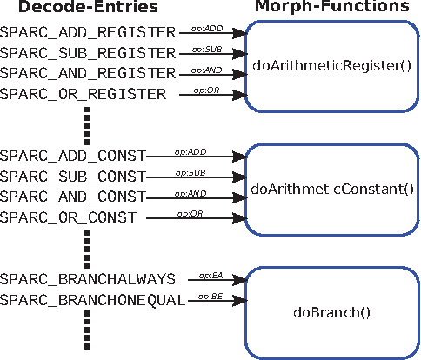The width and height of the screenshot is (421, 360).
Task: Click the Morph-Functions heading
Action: [x=331, y=9]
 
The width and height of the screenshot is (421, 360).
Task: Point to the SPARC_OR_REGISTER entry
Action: [x=83, y=93]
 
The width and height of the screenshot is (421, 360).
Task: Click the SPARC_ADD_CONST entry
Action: [x=72, y=157]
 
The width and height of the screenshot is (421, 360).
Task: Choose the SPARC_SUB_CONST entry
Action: [x=72, y=177]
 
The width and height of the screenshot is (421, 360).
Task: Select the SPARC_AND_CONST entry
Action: [x=72, y=197]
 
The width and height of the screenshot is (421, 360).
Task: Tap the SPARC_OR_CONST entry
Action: [x=68, y=217]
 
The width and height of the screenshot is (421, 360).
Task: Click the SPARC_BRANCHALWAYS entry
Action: [x=88, y=279]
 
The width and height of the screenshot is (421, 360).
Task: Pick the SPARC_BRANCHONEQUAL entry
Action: [x=92, y=300]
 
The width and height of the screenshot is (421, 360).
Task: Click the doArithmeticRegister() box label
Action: [x=331, y=65]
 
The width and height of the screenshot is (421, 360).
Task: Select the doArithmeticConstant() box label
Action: [x=331, y=188]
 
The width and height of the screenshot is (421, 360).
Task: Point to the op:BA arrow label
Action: [x=205, y=274]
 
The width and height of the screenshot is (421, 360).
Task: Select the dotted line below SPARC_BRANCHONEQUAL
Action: [x=87, y=330]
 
